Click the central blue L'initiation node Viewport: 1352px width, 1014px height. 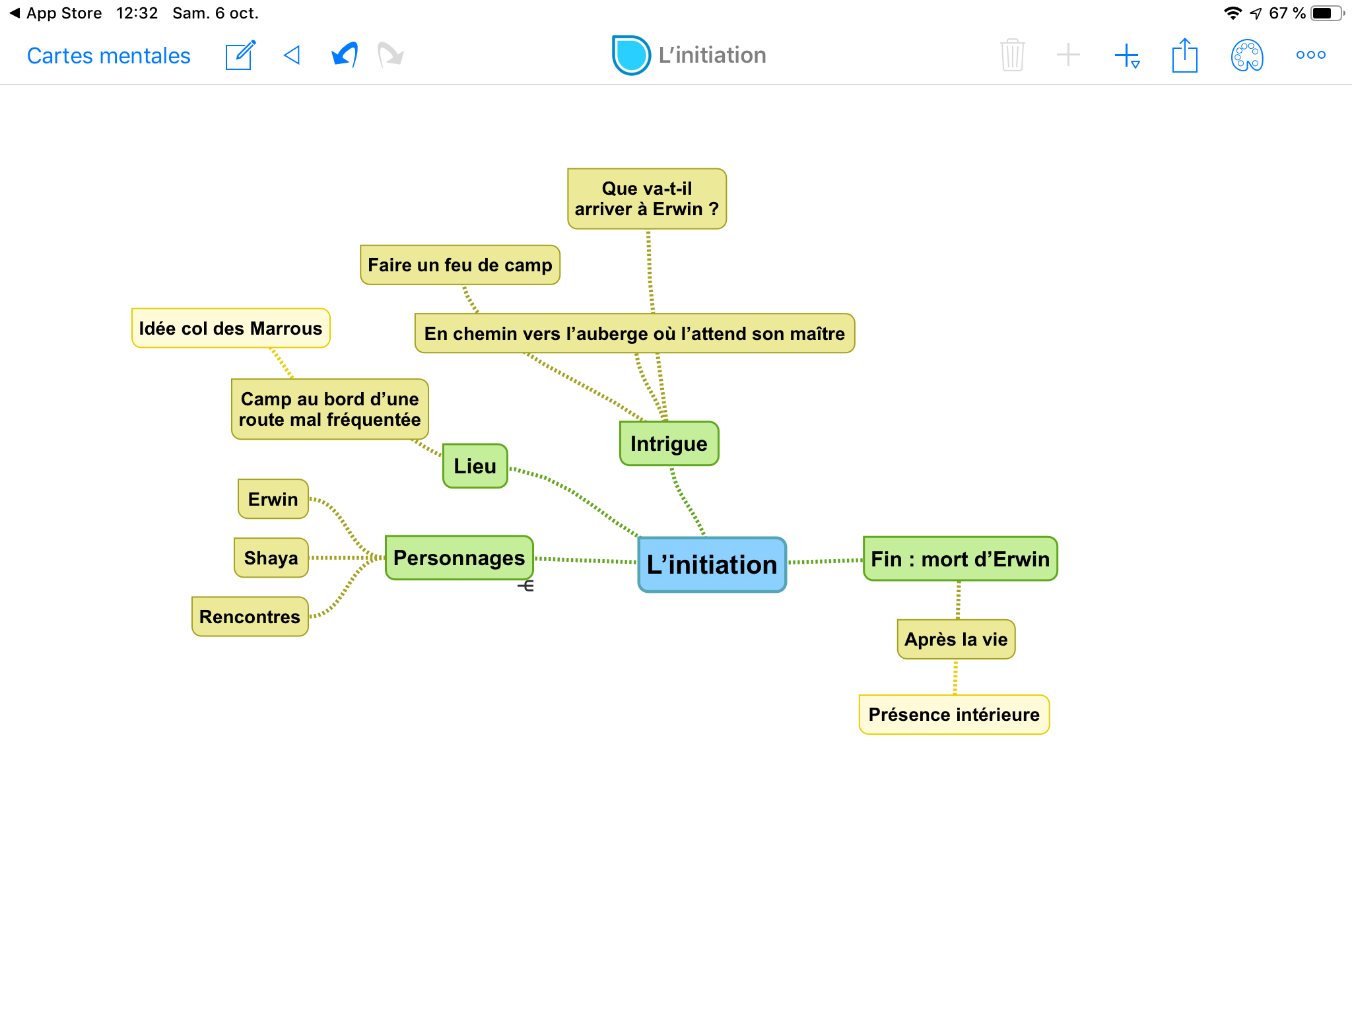coord(712,565)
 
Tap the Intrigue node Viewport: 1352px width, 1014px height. coord(669,444)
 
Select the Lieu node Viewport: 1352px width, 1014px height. coord(475,466)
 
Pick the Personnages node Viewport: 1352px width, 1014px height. coord(459,558)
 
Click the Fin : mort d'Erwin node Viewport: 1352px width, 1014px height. coord(960,559)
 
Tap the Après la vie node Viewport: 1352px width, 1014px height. coord(955,639)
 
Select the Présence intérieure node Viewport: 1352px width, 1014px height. coord(954,714)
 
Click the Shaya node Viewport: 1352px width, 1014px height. coord(271,558)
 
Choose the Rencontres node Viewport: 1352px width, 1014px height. coord(250,617)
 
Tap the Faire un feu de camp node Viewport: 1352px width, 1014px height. coord(459,265)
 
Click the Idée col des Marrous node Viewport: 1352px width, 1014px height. coord(230,328)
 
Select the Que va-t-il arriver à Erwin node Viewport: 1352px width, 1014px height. coord(646,199)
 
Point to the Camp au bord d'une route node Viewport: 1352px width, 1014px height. coord(329,409)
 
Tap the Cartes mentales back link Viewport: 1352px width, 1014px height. coord(108,55)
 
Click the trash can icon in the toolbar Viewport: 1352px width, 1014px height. coord(1012,55)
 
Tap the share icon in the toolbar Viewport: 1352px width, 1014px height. coord(1184,55)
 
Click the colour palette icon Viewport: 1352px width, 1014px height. coord(1247,55)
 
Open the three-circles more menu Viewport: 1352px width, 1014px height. coord(1310,55)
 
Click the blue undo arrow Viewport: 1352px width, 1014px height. coord(345,55)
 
